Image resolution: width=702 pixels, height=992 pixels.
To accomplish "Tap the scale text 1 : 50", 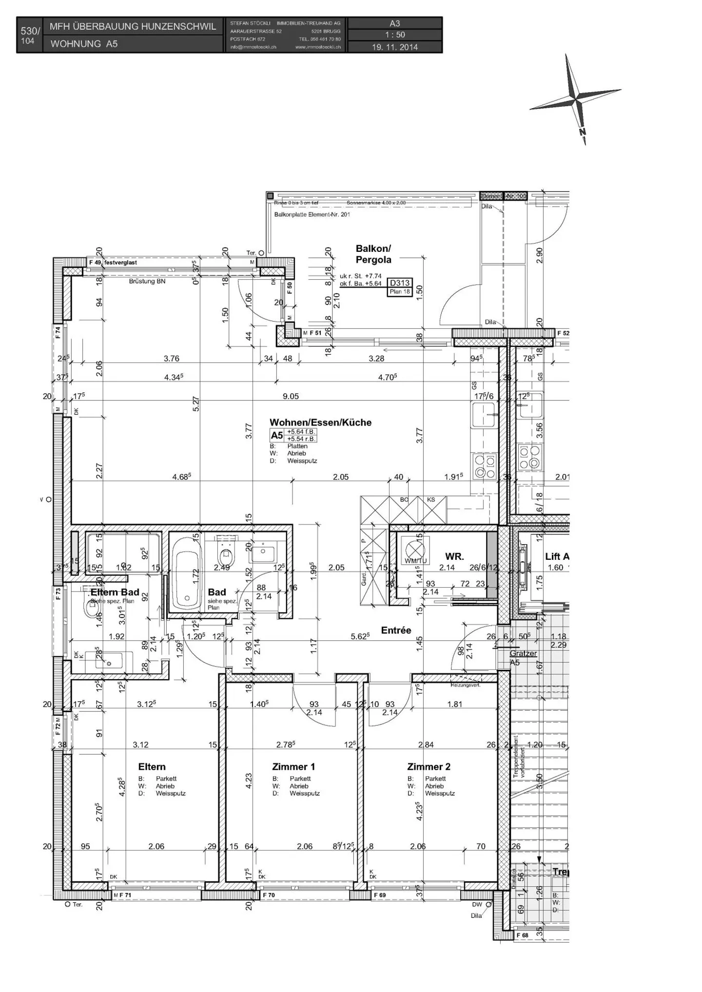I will pyautogui.click(x=395, y=35).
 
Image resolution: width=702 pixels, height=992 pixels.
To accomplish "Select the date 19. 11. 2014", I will pyautogui.click(x=395, y=47).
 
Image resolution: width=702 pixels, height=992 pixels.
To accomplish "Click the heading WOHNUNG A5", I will pyautogui.click(x=84, y=44).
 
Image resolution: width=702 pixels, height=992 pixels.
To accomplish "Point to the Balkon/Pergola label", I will pyautogui.click(x=373, y=254).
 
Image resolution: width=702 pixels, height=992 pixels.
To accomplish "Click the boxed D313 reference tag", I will pyautogui.click(x=400, y=283).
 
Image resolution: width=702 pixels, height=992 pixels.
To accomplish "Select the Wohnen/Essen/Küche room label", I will pyautogui.click(x=320, y=423).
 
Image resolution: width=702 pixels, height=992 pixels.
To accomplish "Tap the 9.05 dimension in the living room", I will pyautogui.click(x=291, y=397).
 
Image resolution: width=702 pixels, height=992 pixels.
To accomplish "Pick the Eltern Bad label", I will pyautogui.click(x=115, y=592).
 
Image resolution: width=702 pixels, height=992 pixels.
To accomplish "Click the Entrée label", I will pyautogui.click(x=396, y=630).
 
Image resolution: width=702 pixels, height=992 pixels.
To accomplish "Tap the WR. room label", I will pyautogui.click(x=454, y=556).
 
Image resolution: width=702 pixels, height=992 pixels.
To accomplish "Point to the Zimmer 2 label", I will pyautogui.click(x=429, y=767).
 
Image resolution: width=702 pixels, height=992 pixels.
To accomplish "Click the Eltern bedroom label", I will pyautogui.click(x=152, y=767).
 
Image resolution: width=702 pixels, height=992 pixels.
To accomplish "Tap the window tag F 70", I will pyautogui.click(x=269, y=895).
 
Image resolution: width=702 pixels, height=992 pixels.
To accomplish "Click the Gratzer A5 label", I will pyautogui.click(x=523, y=658).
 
